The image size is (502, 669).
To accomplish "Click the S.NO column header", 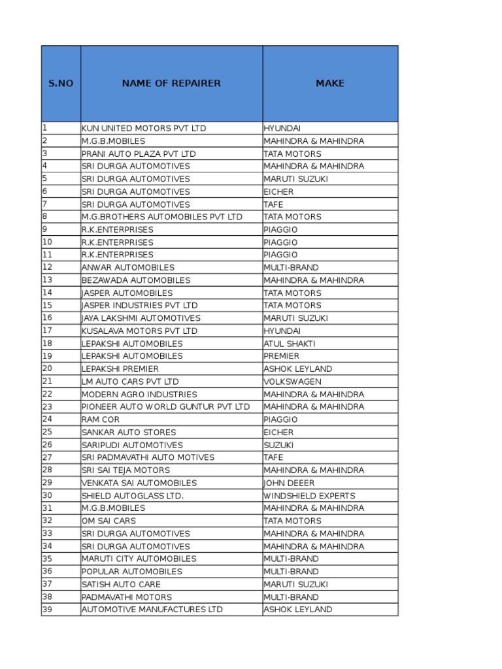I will click(60, 84).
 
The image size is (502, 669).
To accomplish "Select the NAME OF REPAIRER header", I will click(171, 84).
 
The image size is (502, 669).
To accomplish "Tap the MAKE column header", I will click(330, 84).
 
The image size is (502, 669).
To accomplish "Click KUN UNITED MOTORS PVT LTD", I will click(144, 128).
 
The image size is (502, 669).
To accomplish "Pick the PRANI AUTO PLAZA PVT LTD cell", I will click(139, 154).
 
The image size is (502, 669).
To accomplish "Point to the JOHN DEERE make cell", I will click(289, 483).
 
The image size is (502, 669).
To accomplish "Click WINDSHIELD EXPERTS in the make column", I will click(309, 496).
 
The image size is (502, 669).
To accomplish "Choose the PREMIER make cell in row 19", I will click(282, 356).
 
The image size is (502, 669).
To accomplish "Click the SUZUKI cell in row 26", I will click(279, 445).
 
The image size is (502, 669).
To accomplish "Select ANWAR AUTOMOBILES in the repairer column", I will click(128, 267).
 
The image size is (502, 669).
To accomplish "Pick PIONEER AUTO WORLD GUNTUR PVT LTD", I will click(165, 406).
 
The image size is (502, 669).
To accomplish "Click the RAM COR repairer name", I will click(101, 419).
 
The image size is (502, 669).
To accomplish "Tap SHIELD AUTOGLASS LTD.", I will click(133, 496).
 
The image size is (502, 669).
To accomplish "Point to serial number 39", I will click(47, 610).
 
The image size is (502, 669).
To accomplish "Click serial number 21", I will click(47, 382).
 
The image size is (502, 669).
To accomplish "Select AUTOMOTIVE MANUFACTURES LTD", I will click(152, 610).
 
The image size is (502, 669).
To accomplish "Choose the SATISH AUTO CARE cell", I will click(121, 584).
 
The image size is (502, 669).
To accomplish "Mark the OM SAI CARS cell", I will click(109, 521).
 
